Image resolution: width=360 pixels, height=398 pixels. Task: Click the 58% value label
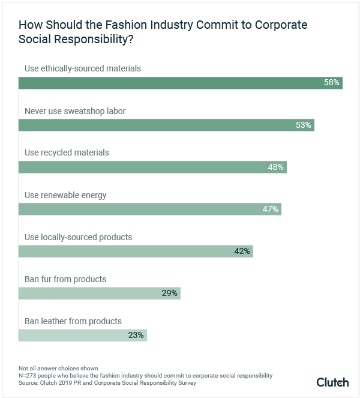[332, 83]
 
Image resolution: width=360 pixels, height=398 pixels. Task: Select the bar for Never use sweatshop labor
[166, 125]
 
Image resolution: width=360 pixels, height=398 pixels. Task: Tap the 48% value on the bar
[275, 167]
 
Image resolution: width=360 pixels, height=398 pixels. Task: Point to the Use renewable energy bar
[149, 209]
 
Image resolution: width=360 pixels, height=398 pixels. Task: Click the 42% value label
[242, 251]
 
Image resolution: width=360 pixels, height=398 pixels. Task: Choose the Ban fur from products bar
[99, 293]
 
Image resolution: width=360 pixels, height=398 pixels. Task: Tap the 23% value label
[136, 335]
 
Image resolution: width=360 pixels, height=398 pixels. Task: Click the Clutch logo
[332, 382]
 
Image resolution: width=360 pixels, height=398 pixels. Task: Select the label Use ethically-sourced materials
[83, 68]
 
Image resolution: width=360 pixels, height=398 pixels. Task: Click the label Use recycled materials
[67, 152]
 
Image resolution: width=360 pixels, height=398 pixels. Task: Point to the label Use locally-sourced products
[78, 237]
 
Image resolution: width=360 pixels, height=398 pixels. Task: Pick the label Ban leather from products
[73, 321]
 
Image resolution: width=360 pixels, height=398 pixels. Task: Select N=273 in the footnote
[29, 375]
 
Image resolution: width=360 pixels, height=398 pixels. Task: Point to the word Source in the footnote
[28, 382]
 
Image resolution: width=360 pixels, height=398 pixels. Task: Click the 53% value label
[304, 125]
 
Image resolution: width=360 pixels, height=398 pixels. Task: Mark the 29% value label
[169, 293]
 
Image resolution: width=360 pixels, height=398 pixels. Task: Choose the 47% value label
[270, 209]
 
